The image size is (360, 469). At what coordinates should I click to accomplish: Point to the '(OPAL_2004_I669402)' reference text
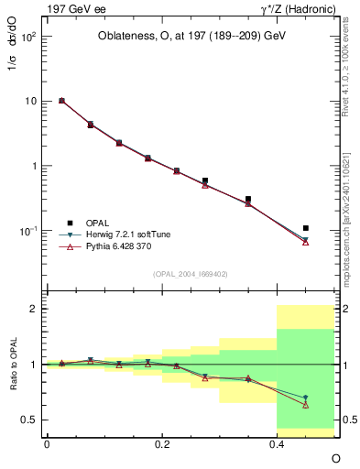pos(191,272)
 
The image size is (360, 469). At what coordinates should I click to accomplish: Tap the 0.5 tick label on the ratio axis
pos(29,420)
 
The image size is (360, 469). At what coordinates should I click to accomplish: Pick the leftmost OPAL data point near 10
pos(61,101)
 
